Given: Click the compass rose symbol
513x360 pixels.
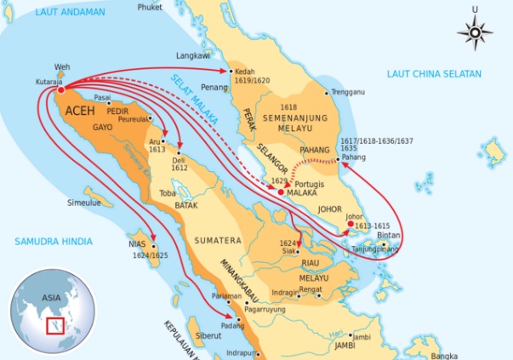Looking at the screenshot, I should pos(476,33).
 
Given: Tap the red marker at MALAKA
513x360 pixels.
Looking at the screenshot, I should pos(281,193).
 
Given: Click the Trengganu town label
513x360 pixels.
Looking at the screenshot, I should pos(350,91).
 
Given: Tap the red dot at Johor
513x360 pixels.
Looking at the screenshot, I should pos(349,225).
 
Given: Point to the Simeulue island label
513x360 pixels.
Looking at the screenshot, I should pos(86,203).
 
